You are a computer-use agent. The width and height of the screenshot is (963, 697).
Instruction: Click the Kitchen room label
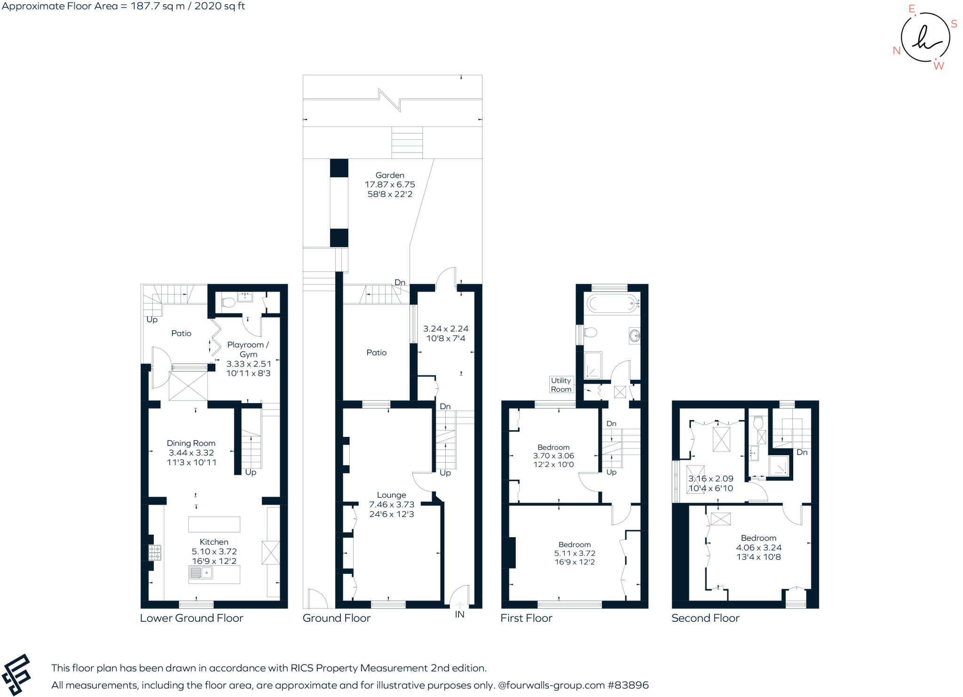click(214, 542)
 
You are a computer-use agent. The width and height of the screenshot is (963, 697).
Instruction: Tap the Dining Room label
click(191, 443)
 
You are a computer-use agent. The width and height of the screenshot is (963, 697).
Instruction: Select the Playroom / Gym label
click(248, 349)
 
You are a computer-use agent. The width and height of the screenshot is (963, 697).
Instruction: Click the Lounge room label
click(391, 495)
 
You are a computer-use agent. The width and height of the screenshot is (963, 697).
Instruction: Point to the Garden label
click(390, 175)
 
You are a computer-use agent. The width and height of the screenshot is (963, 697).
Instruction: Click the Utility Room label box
click(561, 385)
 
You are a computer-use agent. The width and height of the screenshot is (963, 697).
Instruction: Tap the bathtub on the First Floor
click(611, 304)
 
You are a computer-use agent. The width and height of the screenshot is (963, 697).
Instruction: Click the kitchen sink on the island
click(201, 573)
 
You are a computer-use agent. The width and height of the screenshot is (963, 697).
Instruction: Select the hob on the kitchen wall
click(155, 553)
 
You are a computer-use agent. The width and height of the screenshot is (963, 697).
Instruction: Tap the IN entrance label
click(459, 614)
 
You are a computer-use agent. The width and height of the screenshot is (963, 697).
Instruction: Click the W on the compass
click(939, 66)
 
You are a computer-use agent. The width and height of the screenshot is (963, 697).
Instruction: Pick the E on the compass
click(912, 8)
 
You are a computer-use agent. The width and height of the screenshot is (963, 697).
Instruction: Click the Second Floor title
click(705, 618)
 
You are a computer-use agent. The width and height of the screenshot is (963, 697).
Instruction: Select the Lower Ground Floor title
click(191, 618)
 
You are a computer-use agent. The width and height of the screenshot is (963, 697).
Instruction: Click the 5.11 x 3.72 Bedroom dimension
click(575, 553)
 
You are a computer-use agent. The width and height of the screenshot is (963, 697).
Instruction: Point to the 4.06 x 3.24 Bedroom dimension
click(758, 547)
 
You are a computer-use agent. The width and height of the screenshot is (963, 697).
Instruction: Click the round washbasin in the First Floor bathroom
click(634, 335)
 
